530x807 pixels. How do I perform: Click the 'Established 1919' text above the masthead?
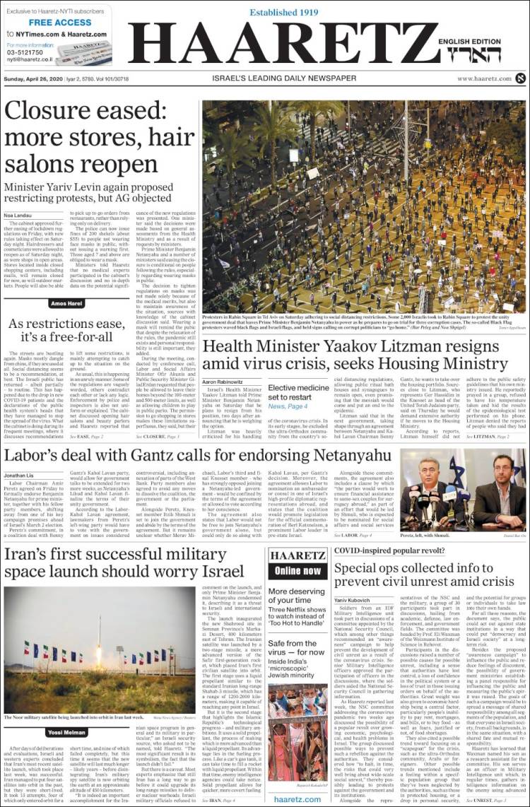pos(283,12)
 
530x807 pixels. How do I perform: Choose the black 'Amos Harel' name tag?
pos(68,303)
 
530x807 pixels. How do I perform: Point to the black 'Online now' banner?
pos(298,570)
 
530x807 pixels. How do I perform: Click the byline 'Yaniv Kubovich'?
pos(353,599)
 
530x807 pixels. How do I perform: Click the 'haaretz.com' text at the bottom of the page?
pos(298,798)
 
